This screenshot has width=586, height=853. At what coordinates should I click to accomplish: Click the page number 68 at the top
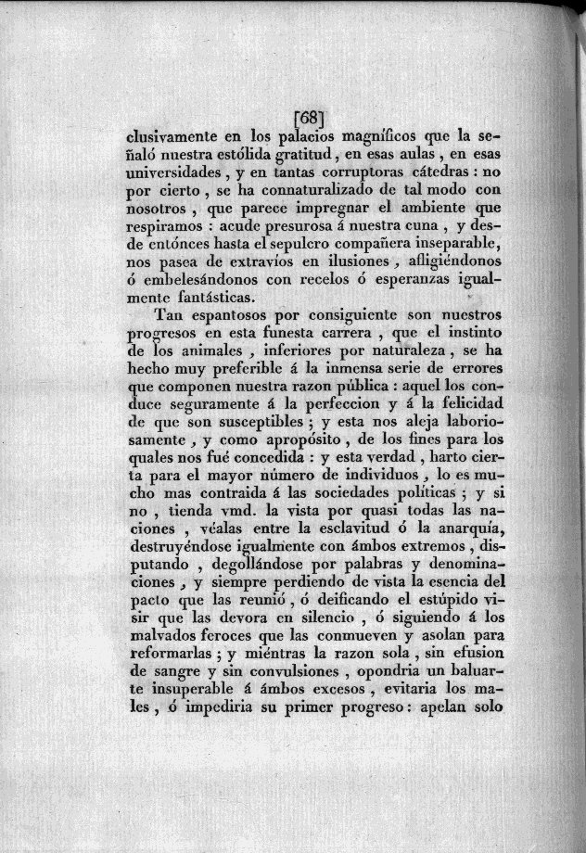coord(308,119)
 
